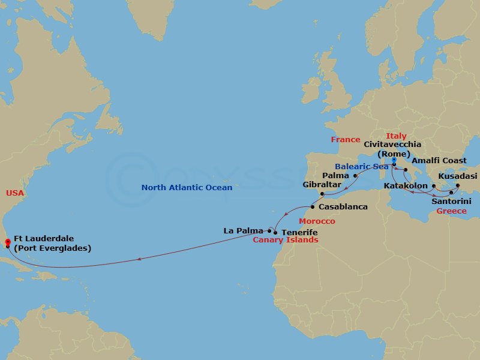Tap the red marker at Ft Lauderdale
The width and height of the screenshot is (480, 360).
point(8,243)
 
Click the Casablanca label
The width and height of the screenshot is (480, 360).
point(343,206)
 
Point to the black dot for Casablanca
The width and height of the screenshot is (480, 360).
point(312,207)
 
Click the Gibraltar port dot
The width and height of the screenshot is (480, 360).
point(322,194)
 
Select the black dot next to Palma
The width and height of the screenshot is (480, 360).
point(355,176)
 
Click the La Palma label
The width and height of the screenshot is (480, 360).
point(243,230)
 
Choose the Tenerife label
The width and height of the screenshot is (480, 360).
point(299,232)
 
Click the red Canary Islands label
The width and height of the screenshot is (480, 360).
point(285,240)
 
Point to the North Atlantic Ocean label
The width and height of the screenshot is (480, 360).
point(187,188)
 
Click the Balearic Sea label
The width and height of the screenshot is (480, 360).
point(361,166)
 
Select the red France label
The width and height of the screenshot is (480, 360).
point(346,140)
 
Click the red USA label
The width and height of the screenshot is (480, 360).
point(15,193)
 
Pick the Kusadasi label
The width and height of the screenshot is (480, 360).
point(457,176)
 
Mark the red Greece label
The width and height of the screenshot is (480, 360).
point(452,211)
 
